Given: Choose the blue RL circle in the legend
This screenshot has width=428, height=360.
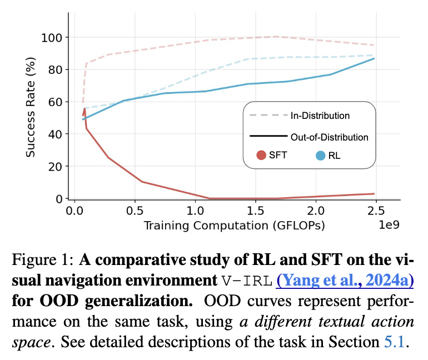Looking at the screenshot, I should click(320, 156).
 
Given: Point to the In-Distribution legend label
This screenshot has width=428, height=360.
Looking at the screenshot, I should click(320, 116).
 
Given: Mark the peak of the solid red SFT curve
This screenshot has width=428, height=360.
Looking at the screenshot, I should click(84, 108).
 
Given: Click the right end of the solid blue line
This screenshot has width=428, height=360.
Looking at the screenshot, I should click(373, 58).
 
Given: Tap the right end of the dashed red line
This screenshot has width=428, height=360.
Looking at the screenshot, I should click(373, 45).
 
